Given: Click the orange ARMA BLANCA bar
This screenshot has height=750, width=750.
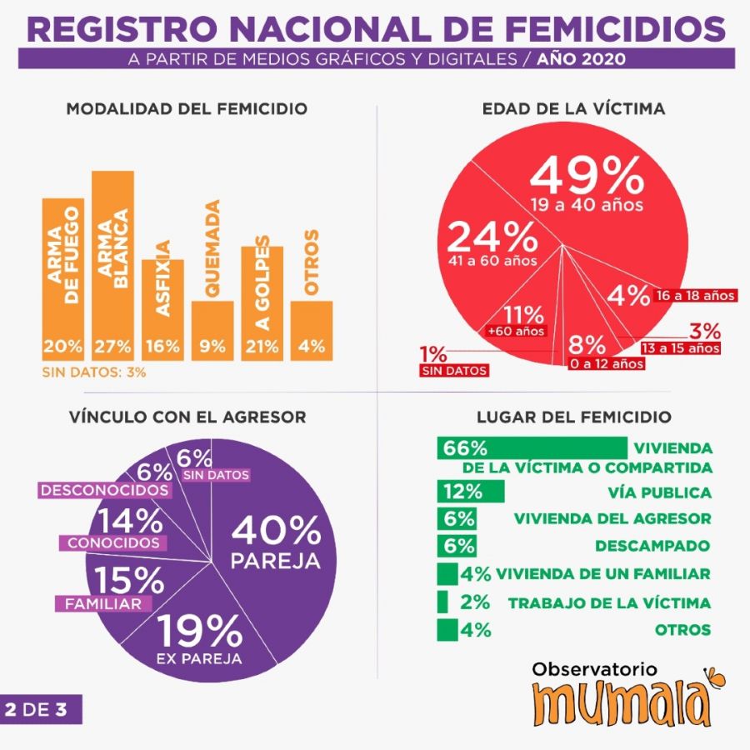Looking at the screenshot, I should (112, 267).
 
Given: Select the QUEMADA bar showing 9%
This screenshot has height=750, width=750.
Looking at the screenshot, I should (212, 330).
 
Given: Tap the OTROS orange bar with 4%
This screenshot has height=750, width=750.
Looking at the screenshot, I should (312, 330).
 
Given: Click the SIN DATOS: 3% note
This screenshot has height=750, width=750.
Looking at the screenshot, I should (94, 372).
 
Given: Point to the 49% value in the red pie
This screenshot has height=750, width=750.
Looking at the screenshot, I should (587, 176).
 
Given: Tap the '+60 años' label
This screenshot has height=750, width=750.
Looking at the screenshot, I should (516, 332).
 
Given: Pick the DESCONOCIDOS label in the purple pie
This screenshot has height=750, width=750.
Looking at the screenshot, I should (104, 489).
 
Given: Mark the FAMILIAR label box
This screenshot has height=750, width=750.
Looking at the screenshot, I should (99, 603).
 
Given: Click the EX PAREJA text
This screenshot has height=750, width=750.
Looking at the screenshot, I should (199, 659).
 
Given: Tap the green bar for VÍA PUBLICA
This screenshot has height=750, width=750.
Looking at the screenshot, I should (471, 492).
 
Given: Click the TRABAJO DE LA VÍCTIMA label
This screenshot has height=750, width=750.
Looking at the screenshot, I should (609, 603).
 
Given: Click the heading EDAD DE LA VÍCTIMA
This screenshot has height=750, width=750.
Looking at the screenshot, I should (573, 109).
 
